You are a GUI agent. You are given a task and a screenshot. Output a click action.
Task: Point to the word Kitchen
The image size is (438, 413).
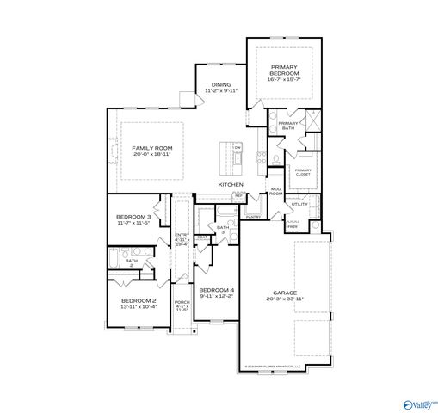pos(230,185)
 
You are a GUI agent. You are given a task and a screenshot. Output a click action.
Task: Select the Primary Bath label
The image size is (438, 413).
pos(287,126)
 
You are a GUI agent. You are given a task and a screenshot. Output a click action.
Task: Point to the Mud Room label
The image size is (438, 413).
pos(276,191)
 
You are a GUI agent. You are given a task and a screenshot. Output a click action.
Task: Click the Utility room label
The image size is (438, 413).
pos(299,205)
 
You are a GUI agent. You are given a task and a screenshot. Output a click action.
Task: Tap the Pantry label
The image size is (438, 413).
pos(254,217)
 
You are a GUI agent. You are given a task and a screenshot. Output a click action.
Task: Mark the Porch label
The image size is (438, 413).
pos(182,305)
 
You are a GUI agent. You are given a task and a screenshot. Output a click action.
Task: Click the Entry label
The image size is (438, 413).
pos(182,238)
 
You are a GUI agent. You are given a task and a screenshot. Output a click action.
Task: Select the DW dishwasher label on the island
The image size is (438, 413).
pos(238,148)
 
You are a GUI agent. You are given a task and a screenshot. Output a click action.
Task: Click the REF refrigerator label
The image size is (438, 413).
pos(238,195)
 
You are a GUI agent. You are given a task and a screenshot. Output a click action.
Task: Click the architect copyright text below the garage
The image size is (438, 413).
pos(275,366)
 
